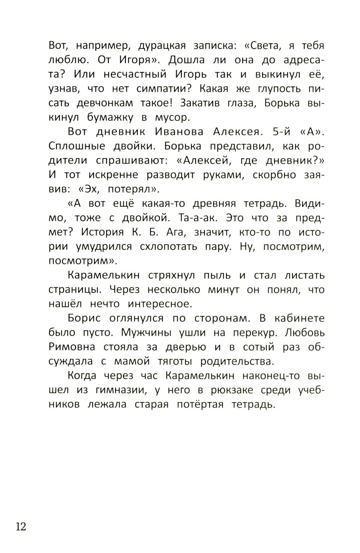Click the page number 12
21,527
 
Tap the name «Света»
260,46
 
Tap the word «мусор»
172,118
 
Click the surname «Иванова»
179,132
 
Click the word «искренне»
113,175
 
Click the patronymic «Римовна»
72,347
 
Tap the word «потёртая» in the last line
200,404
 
